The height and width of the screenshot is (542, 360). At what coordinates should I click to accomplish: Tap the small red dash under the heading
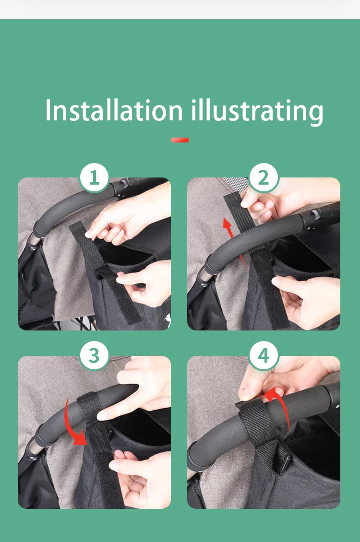pos(180,140)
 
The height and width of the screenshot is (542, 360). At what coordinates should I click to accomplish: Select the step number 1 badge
pos(94,177)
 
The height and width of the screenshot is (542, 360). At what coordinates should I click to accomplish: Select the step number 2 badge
pos(264,177)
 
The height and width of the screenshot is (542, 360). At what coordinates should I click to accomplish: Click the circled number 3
pos(94,356)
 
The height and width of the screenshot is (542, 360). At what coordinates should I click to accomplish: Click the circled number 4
pos(264,356)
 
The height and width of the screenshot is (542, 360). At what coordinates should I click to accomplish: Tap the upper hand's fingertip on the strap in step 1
pos(89,235)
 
